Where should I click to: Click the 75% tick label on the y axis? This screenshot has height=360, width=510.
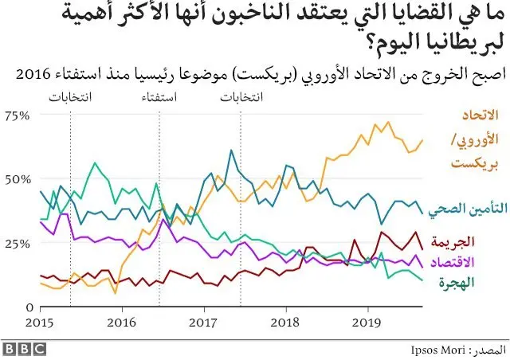(x=17, y=115)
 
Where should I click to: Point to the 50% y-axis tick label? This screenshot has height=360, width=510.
(x=17, y=178)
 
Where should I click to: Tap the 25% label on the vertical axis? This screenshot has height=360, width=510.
(x=17, y=243)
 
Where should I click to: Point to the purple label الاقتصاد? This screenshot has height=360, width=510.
(x=473, y=262)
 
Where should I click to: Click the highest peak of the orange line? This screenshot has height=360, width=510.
(x=388, y=123)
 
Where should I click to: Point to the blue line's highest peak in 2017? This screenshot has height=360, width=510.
(x=230, y=150)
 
